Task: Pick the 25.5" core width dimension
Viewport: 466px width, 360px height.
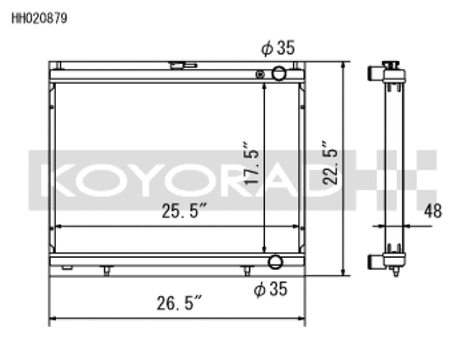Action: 185,211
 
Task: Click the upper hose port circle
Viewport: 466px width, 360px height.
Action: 279,73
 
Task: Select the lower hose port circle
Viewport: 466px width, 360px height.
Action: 275,262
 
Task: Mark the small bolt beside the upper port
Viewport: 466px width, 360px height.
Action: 260,74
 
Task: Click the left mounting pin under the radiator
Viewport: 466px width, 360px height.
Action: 106,271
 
